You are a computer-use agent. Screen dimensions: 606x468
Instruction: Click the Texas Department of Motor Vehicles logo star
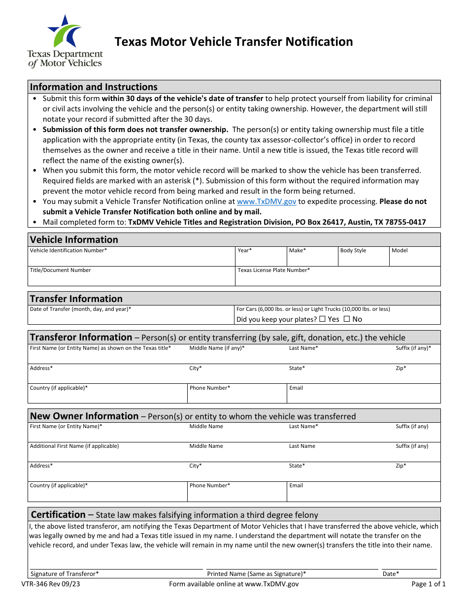tap(66, 32)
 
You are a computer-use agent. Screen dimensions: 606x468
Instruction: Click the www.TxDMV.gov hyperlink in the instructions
tap(267, 202)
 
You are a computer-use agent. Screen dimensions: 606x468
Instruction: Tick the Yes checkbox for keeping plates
tap(322, 319)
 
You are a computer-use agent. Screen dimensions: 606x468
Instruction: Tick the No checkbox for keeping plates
tap(346, 319)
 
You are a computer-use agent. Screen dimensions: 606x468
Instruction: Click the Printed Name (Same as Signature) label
tap(256, 574)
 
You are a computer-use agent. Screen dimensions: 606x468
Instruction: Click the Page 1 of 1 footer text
tap(429, 584)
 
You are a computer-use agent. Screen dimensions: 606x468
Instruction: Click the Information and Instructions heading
tap(94, 87)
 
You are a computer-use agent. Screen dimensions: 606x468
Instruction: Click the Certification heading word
tap(58, 515)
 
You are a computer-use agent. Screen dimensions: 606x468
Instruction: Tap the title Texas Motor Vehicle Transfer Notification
tap(234, 42)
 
